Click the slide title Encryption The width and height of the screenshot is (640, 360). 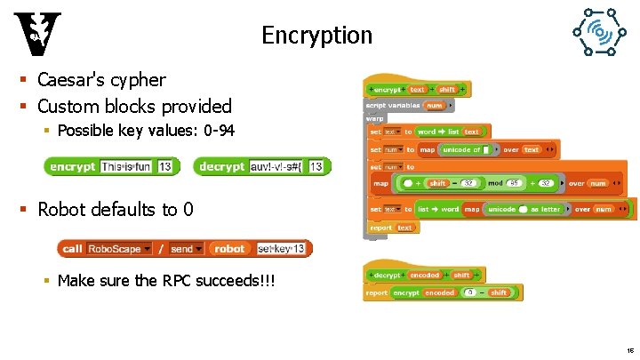[x=316, y=36]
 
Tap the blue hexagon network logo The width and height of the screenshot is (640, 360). [x=597, y=35]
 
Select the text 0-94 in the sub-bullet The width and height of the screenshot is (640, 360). [x=220, y=131]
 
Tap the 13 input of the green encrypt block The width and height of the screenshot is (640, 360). [x=165, y=166]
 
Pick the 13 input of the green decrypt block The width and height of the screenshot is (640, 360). [x=316, y=166]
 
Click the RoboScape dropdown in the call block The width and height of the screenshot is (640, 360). [x=119, y=249]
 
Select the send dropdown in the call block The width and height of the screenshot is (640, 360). [x=187, y=249]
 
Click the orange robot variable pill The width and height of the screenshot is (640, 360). [x=229, y=249]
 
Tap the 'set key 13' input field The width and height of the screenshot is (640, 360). [x=281, y=249]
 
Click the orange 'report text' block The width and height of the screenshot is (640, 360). [x=391, y=228]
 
